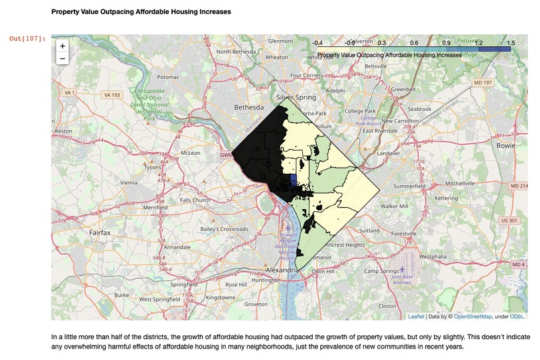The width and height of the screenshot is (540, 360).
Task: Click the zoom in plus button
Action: point(62,46)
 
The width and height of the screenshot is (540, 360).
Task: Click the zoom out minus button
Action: point(62,58)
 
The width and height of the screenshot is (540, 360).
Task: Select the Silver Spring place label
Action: point(295,97)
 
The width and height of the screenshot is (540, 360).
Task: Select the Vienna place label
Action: point(128,182)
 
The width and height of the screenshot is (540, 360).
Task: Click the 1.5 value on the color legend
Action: point(510,43)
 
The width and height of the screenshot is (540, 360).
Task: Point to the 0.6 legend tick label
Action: point(414,43)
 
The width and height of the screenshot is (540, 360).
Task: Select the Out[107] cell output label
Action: point(27,39)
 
